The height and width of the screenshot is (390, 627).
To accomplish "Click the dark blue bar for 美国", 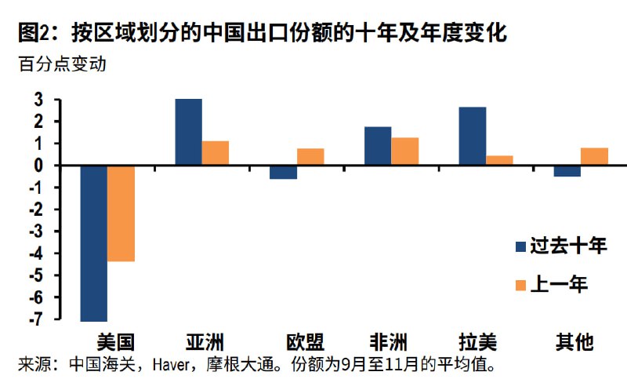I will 93,243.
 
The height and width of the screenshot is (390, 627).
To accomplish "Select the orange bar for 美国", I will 121,213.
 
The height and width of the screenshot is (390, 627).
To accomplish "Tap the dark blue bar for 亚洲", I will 188,132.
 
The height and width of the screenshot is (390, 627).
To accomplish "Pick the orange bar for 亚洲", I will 216,153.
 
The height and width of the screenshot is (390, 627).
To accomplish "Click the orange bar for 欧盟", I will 310,157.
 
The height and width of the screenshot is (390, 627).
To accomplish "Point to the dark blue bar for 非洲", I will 378,146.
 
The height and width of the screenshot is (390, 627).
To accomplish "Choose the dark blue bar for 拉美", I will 473,136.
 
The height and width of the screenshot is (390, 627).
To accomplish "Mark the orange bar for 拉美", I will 500,160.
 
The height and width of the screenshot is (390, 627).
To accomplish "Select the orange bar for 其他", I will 595,156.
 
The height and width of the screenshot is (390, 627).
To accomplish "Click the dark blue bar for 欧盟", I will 283,172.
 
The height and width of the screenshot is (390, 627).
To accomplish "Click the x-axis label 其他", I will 574,342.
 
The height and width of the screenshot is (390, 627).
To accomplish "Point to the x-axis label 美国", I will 115,342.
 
